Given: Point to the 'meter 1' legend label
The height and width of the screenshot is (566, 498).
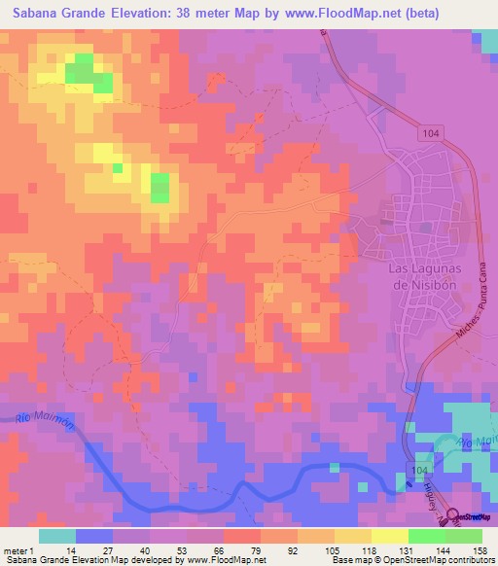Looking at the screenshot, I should (18, 549).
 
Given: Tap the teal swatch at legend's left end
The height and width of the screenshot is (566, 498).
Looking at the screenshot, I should (57, 536).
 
